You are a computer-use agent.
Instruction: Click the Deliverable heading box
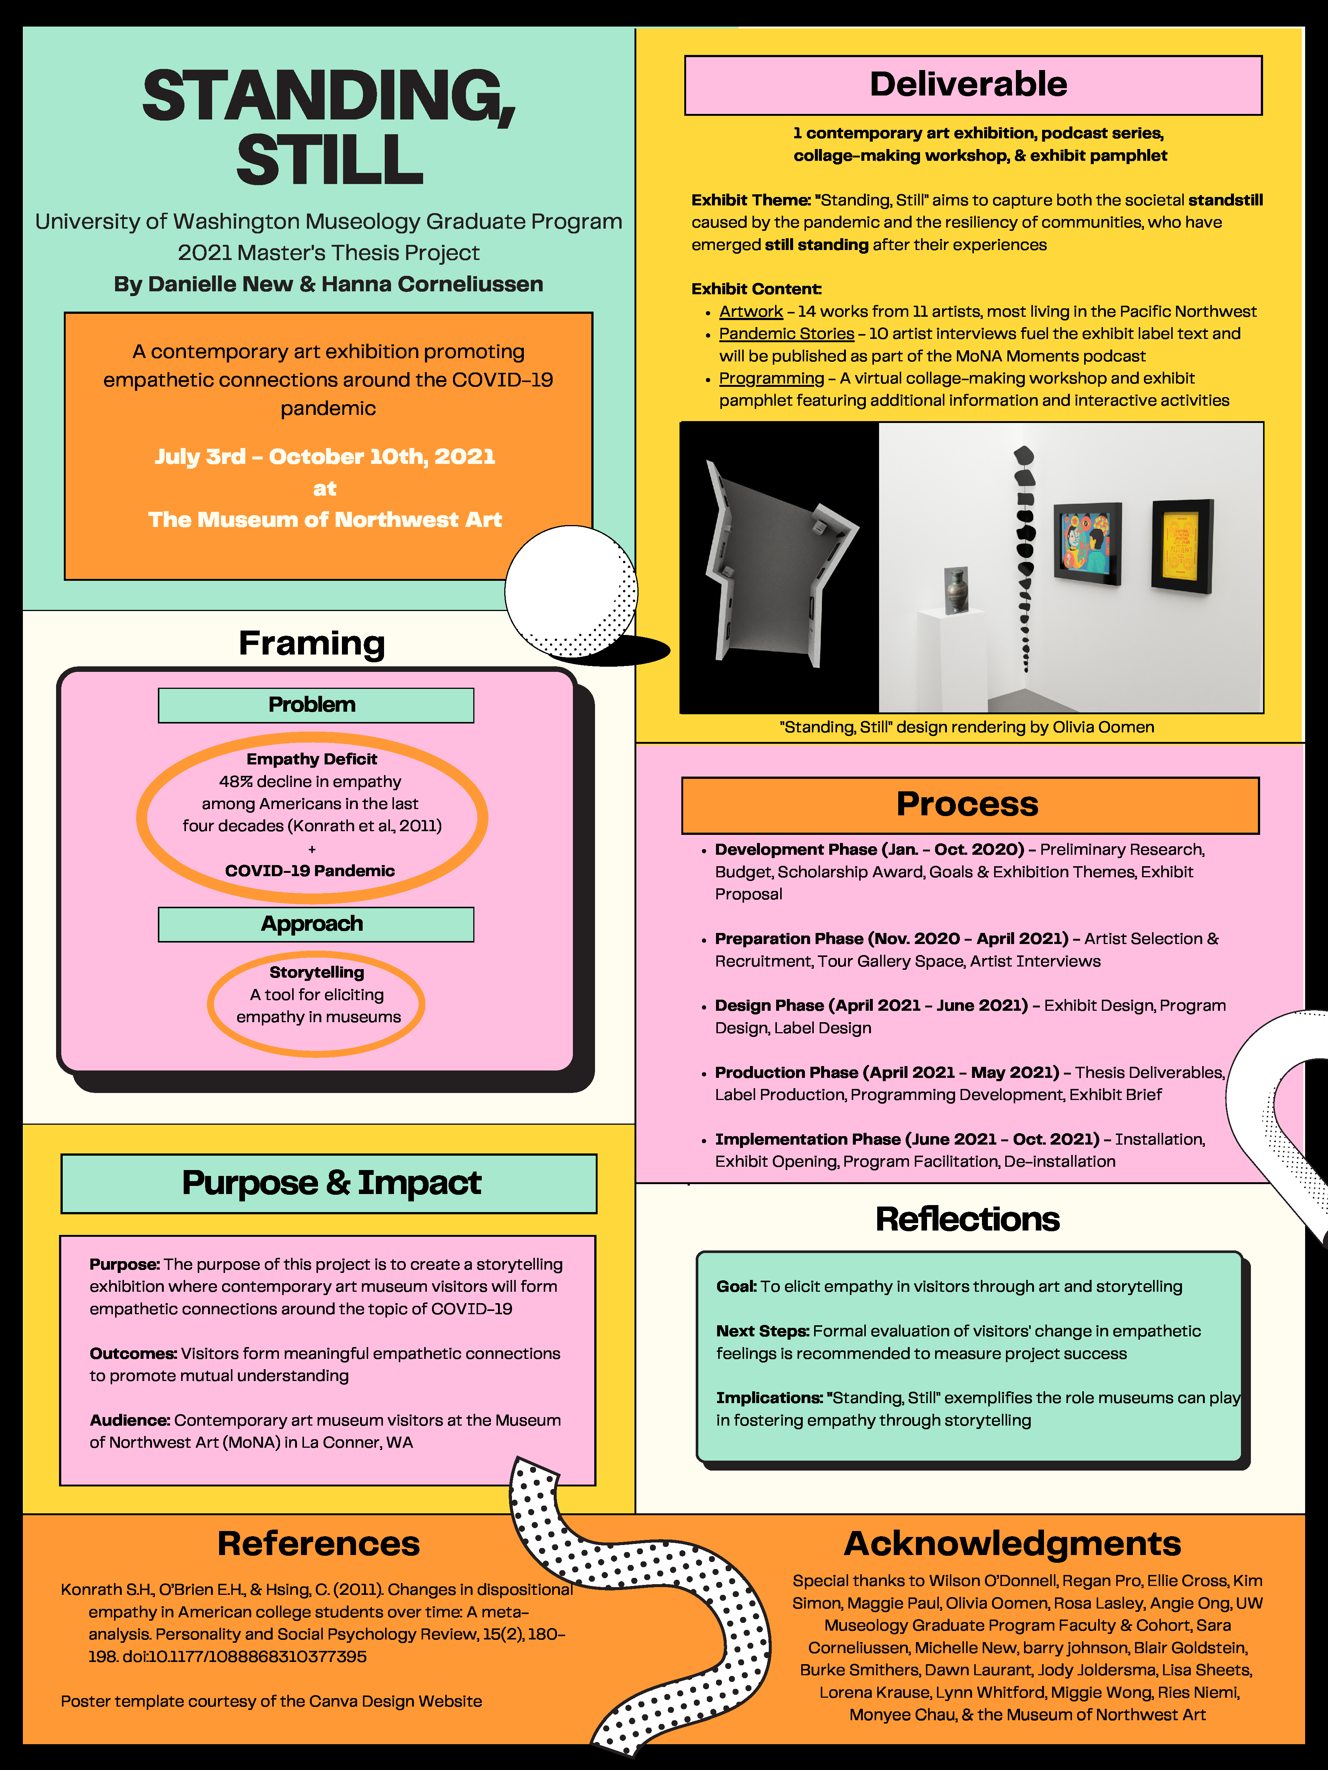click(x=973, y=85)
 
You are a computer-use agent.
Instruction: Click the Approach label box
click(x=315, y=924)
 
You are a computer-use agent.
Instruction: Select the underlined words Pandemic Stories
click(x=786, y=334)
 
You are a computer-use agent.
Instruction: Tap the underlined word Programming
click(x=771, y=378)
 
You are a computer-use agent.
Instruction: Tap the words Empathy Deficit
click(x=311, y=759)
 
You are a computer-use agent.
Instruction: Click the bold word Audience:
click(x=130, y=1420)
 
